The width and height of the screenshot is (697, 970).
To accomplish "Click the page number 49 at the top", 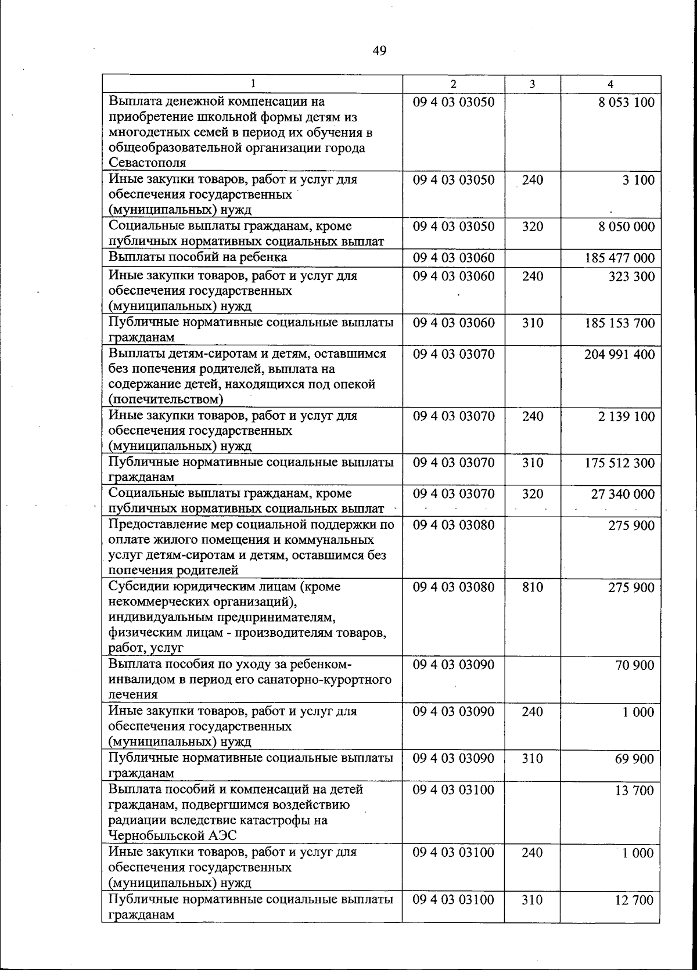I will pyautogui.click(x=379, y=51).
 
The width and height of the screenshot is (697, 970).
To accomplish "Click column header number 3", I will pyautogui.click(x=532, y=84).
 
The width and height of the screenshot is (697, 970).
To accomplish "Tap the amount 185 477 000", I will pyautogui.click(x=619, y=258).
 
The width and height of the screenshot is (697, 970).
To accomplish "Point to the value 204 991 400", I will pyautogui.click(x=619, y=354).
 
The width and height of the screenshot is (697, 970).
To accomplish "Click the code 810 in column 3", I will pyautogui.click(x=532, y=587).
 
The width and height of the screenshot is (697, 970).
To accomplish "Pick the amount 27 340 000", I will pyautogui.click(x=623, y=494).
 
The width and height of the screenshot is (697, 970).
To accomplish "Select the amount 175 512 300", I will pyautogui.click(x=619, y=463).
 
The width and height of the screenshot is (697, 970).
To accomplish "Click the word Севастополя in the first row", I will pyautogui.click(x=148, y=163).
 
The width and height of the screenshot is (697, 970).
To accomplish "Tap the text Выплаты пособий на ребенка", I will pyautogui.click(x=197, y=257).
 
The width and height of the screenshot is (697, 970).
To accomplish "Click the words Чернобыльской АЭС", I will pyautogui.click(x=172, y=835).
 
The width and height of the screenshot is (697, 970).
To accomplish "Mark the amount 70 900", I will pyautogui.click(x=635, y=665).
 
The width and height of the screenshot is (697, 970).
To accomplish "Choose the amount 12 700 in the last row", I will pyautogui.click(x=634, y=900).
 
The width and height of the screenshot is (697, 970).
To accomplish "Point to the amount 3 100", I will pyautogui.click(x=638, y=180).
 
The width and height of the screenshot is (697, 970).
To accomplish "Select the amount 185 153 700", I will pyautogui.click(x=619, y=323).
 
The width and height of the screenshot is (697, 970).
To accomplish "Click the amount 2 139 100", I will pyautogui.click(x=626, y=416).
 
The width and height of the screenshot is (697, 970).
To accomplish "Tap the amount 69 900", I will pyautogui.click(x=634, y=759).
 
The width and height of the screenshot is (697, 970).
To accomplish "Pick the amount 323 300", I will pyautogui.click(x=631, y=276).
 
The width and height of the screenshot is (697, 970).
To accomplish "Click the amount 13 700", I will pyautogui.click(x=634, y=790).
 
